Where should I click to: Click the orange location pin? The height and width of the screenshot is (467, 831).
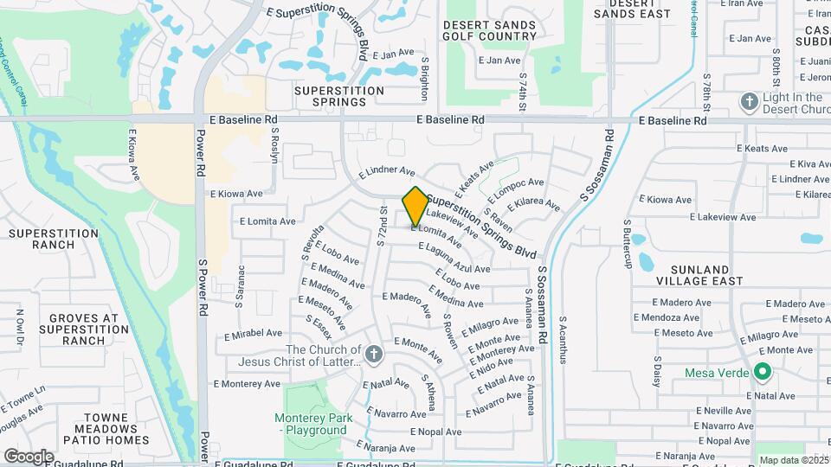pyautogui.click(x=415, y=206)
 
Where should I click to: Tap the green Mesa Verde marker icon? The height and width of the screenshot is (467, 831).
pyautogui.click(x=762, y=373)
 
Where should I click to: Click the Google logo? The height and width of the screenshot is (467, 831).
pyautogui.click(x=29, y=456)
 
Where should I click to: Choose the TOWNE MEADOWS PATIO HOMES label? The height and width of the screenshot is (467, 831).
pyautogui.click(x=100, y=428)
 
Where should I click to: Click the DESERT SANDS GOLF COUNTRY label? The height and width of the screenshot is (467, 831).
pyautogui.click(x=489, y=31)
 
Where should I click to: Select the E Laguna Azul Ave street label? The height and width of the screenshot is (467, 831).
pyautogui.click(x=454, y=258)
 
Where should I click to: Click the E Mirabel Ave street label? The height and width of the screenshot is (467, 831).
pyautogui.click(x=253, y=333)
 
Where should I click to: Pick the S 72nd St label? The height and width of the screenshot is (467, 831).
pyautogui.click(x=382, y=226)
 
